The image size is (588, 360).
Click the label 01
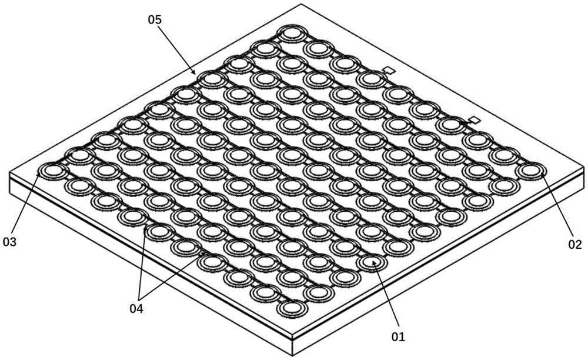(x=398, y=336)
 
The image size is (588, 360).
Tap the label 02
(x=575, y=245)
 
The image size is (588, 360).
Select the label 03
(x=10, y=242)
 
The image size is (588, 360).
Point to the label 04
(x=136, y=309)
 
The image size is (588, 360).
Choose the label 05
(x=154, y=19)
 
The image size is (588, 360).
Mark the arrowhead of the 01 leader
(x=373, y=262)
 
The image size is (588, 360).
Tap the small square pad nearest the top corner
(x=390, y=70)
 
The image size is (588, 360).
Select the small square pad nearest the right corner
(x=475, y=120)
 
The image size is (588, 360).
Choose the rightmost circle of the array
(x=530, y=171)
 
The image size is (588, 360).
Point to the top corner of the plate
(x=300, y=4)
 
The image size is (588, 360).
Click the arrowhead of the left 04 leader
(x=145, y=229)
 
